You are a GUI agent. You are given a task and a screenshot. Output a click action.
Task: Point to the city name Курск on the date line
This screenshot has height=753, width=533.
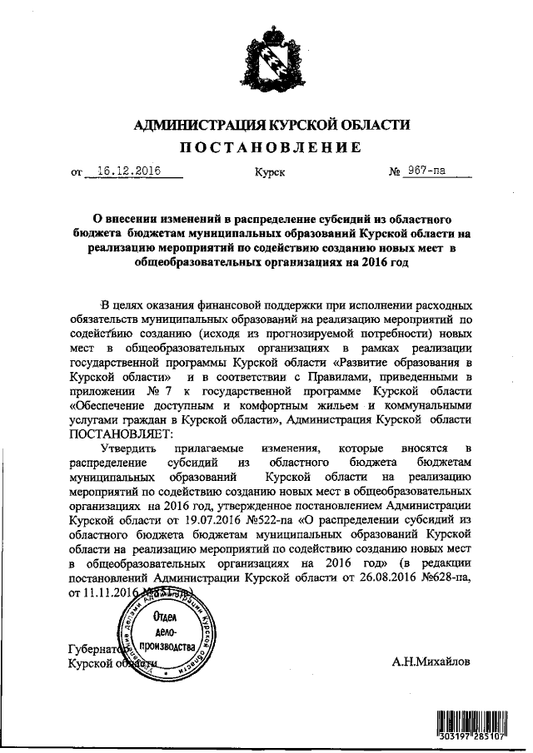[x=269, y=173]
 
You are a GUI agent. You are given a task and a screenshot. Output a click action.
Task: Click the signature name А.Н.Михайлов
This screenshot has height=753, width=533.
[x=430, y=662]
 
